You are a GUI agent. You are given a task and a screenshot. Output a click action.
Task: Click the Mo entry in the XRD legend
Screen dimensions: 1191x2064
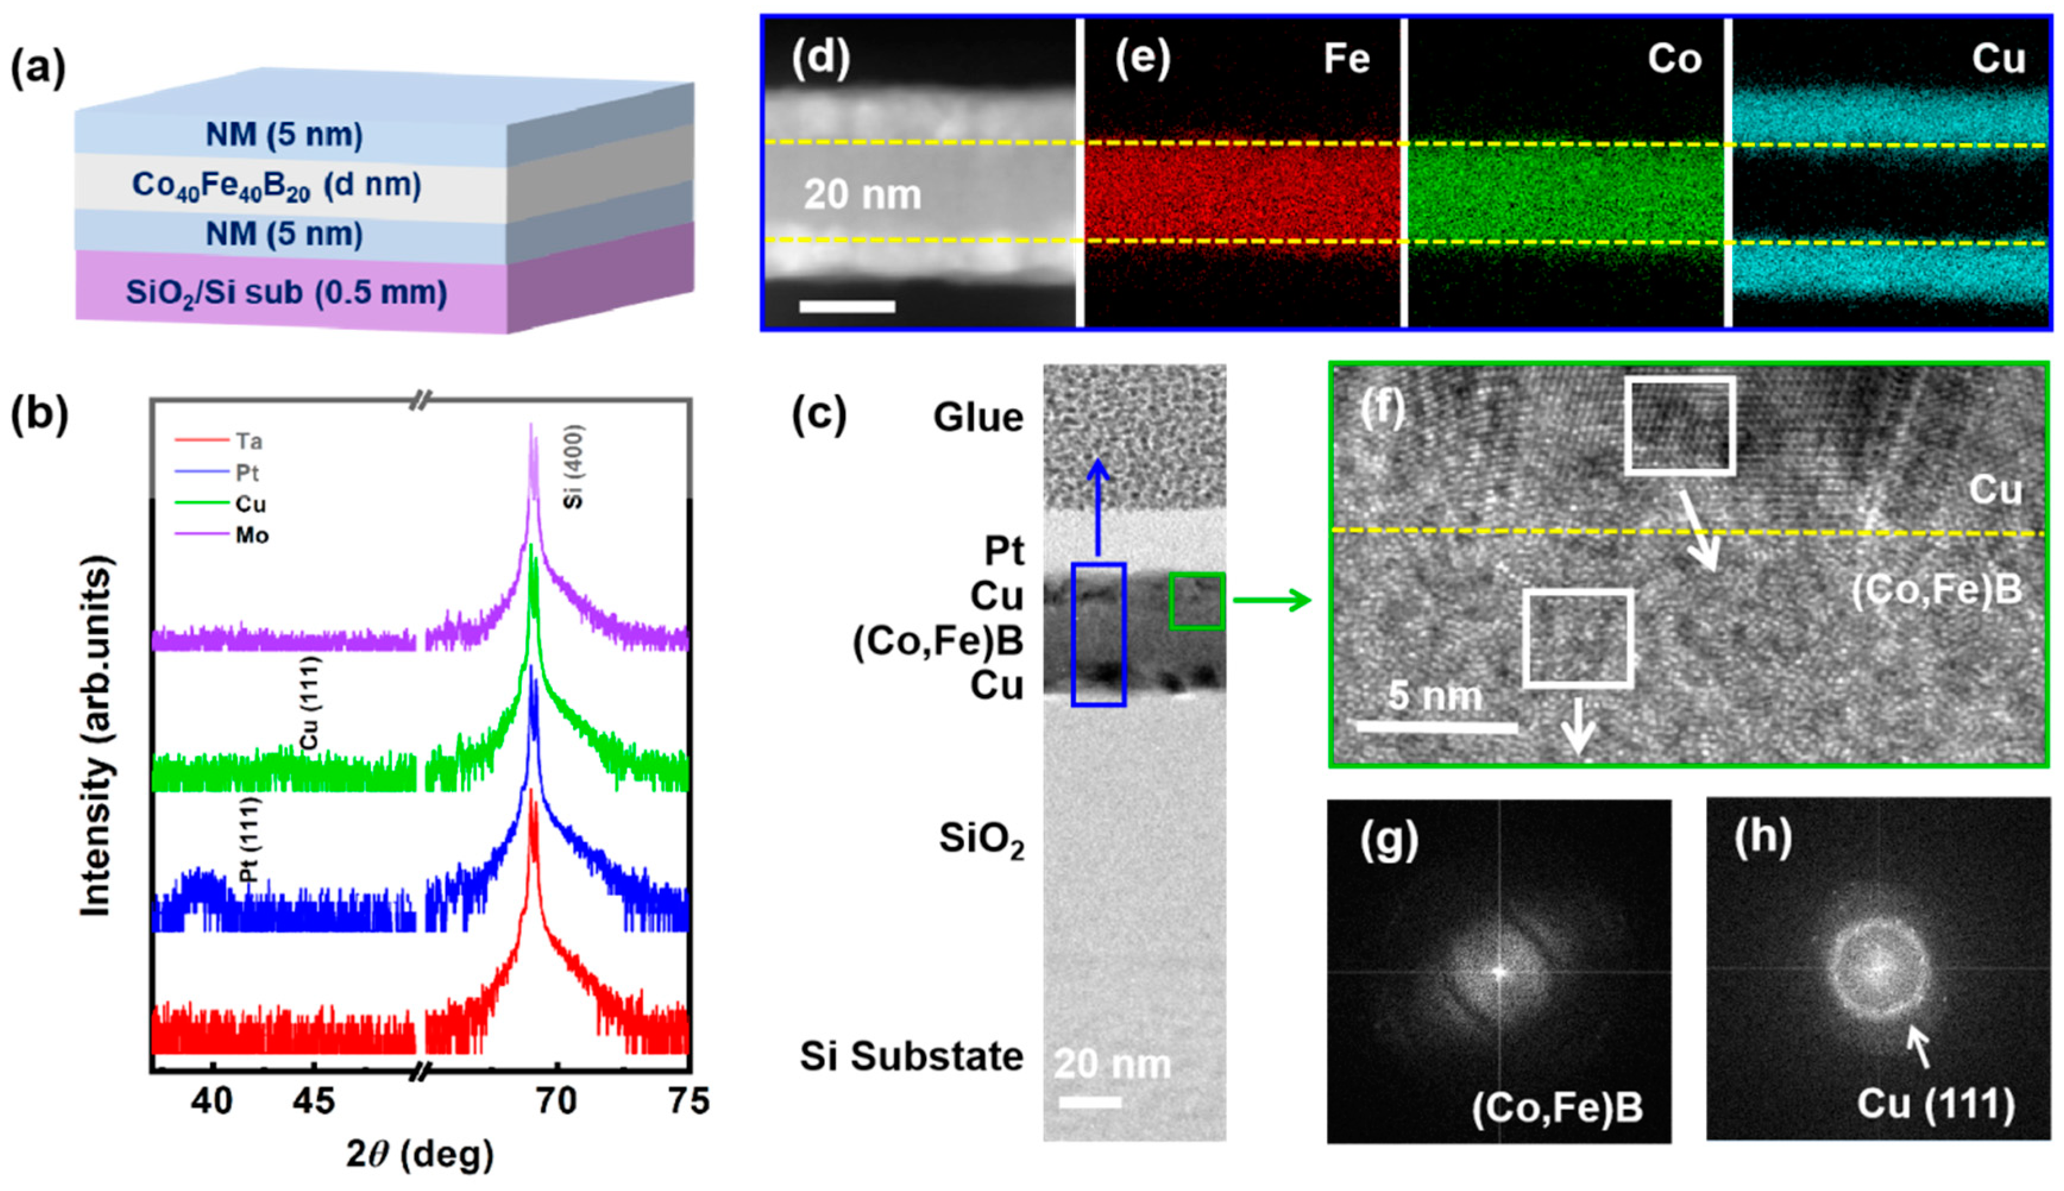251,536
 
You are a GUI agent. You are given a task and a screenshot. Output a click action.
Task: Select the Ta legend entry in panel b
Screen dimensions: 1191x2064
248,442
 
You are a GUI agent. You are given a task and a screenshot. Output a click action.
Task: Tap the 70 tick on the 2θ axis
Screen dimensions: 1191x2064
556,1101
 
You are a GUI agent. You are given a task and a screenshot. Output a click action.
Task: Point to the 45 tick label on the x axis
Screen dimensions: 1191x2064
313,1101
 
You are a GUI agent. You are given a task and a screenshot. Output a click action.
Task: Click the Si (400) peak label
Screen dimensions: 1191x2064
574,467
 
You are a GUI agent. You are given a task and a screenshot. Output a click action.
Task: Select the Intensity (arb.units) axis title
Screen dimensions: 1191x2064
96,736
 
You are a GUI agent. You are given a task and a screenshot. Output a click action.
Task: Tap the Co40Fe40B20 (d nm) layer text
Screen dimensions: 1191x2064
276,185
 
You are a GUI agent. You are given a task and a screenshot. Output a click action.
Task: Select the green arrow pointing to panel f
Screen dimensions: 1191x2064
1272,601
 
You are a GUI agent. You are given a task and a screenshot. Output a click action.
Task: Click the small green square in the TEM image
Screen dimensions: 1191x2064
1196,601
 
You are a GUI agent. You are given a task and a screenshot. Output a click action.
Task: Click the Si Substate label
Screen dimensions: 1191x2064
911,1056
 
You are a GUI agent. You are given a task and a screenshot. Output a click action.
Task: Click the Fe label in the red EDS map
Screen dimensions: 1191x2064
1346,59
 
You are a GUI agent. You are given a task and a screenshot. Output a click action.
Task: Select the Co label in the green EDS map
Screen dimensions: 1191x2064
1674,59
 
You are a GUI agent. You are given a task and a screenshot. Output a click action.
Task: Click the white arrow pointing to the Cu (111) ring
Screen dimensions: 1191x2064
1918,1049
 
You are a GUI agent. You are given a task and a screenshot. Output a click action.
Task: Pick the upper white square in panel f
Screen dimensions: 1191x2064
1679,426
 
